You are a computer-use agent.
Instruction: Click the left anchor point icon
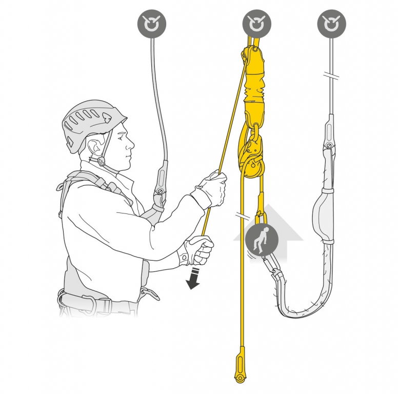click(x=152, y=24)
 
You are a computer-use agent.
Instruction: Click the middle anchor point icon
click(x=257, y=24)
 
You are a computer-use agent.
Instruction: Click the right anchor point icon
click(x=331, y=24)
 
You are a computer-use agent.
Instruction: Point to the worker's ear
click(x=96, y=149)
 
